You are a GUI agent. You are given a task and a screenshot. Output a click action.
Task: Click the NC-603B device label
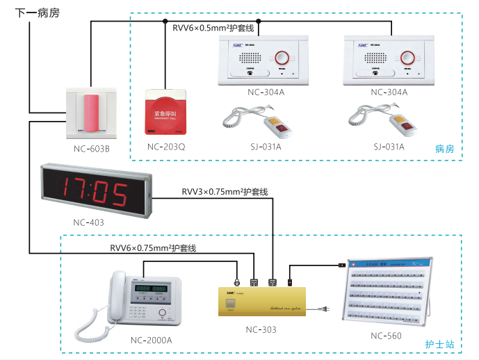pyautogui.click(x=92, y=149)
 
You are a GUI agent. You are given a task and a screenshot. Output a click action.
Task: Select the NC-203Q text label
pyautogui.click(x=166, y=147)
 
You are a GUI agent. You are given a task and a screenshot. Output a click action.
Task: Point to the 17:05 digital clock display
pyautogui.click(x=95, y=190)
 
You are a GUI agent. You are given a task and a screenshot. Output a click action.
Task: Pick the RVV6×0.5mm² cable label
pyautogui.click(x=216, y=29)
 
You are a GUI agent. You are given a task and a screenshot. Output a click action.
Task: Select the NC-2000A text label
pyautogui.click(x=151, y=340)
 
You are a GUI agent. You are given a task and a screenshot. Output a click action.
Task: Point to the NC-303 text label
pyautogui.click(x=261, y=329)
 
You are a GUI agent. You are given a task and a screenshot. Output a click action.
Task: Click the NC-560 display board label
pyautogui.click(x=386, y=336)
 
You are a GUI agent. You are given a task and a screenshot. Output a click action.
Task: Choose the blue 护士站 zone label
pyautogui.click(x=440, y=345)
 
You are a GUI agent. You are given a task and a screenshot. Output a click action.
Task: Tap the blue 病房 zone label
pyautogui.click(x=444, y=149)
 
